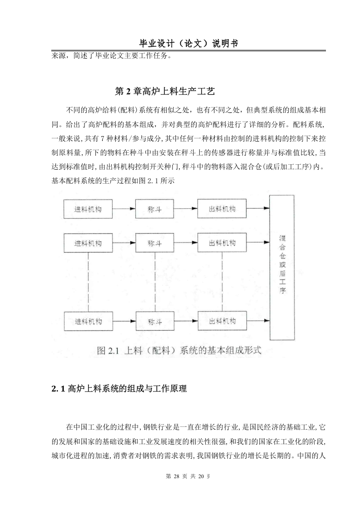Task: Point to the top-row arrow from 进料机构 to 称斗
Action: (124, 209)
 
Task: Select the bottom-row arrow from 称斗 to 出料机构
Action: (186, 321)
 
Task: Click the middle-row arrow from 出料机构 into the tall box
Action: (258, 242)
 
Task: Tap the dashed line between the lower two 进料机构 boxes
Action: (89, 282)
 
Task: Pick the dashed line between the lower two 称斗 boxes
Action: (155, 282)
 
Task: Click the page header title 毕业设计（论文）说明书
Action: (188, 44)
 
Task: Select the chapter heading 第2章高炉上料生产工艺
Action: (165, 91)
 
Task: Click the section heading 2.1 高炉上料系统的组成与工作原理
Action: (119, 388)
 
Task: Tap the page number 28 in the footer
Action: (177, 476)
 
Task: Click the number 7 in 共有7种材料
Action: (102, 139)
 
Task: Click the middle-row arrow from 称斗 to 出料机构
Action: (186, 243)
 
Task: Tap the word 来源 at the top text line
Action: (59, 55)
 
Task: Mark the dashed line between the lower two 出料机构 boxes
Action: (222, 282)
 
